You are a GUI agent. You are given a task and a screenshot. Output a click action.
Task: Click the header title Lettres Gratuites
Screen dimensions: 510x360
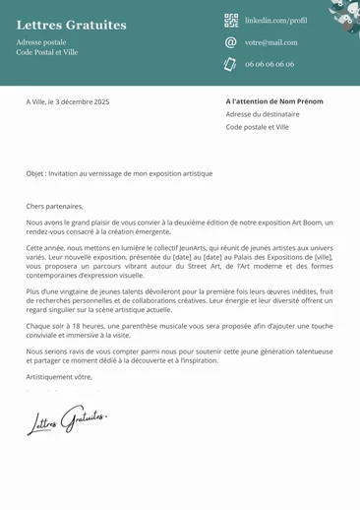coord(72,25)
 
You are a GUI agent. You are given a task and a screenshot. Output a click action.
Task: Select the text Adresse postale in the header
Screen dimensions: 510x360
coord(41,42)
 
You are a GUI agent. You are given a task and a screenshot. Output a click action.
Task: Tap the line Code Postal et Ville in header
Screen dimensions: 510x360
coord(47,52)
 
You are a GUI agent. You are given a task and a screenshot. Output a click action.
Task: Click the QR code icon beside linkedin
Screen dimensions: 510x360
coord(231,20)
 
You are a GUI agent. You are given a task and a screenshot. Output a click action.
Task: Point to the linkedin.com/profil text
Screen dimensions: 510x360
coord(275,20)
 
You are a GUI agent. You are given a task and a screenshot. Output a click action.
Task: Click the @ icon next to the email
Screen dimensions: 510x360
coord(231,42)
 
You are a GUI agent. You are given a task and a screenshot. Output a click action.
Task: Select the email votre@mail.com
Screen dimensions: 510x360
coord(270,42)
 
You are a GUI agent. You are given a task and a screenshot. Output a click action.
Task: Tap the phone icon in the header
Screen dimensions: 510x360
coord(231,64)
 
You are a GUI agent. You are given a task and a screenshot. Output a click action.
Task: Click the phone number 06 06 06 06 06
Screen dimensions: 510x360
coord(270,64)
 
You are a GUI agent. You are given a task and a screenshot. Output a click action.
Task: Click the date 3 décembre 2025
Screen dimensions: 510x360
coord(86,102)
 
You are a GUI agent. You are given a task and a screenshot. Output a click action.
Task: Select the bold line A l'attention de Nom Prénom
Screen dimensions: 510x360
coord(275,101)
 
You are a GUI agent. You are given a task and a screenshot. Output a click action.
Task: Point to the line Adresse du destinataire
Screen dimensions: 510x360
coord(262,114)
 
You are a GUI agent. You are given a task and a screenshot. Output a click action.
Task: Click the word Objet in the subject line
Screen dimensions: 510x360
coord(35,173)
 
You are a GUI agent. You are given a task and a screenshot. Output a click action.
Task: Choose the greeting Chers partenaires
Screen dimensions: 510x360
coord(55,207)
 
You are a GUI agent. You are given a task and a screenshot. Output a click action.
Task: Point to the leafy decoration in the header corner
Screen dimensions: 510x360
coord(343,15)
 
